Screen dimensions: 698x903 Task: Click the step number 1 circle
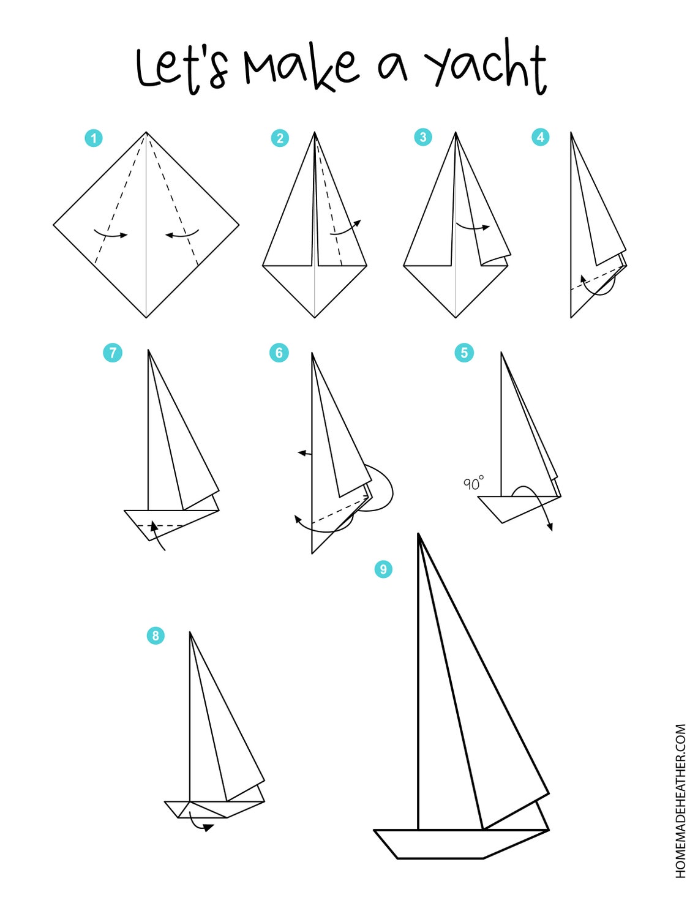tap(94, 138)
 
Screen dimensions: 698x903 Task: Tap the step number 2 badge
tap(280, 138)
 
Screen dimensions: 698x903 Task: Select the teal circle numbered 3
tap(423, 137)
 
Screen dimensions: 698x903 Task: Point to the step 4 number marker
tap(541, 137)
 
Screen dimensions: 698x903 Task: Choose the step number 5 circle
tap(464, 353)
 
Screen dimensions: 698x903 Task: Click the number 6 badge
tap(279, 353)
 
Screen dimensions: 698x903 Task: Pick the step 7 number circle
tap(113, 353)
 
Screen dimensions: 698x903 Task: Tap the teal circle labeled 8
tap(156, 636)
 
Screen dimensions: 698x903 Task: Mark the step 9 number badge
tap(383, 569)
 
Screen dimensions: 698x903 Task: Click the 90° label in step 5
tap(474, 484)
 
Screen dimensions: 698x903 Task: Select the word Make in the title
tap(301, 69)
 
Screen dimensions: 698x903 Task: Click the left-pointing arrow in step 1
tap(182, 234)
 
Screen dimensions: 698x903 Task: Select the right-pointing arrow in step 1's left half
tap(110, 234)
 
